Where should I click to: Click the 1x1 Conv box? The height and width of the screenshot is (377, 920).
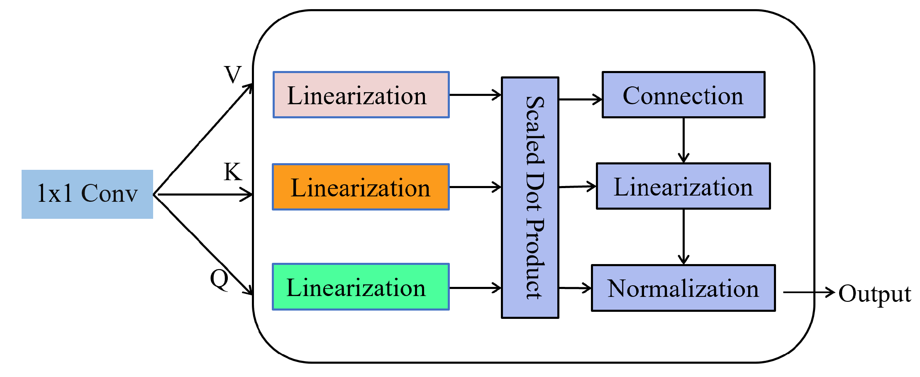pos(87,194)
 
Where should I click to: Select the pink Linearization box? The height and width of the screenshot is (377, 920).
pos(361,95)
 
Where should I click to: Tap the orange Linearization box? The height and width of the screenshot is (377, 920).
pos(361,187)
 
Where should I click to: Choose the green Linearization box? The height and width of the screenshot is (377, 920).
pos(361,286)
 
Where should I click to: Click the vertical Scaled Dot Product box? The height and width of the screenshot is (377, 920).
pos(530,198)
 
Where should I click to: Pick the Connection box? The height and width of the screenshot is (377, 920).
pos(683,95)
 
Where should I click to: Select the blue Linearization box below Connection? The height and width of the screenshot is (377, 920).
pos(683,186)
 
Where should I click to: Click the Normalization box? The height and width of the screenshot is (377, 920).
pos(683,288)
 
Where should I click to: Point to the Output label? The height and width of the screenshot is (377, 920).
pos(874,294)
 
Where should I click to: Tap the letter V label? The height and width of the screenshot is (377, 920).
pos(232,75)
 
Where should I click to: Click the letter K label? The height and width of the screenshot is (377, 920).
pos(232,171)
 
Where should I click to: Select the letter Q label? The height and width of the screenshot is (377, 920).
pos(220,279)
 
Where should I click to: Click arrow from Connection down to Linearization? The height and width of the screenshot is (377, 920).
pos(683,140)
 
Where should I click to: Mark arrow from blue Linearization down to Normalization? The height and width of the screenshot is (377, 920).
pos(683,237)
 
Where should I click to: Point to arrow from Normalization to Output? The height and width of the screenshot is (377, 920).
pos(808,292)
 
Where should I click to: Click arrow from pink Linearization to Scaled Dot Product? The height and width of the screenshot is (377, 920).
pos(475,95)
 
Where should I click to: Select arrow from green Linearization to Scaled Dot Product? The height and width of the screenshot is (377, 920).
pos(475,287)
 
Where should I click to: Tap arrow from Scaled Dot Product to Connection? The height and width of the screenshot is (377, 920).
pos(580,99)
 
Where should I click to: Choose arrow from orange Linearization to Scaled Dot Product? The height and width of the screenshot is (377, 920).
pos(475,187)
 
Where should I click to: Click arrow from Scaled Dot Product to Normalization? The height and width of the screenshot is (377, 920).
pos(575,288)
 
